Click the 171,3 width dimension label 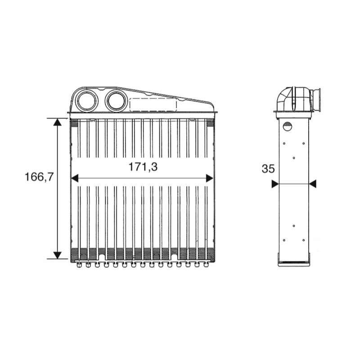pos(143,167)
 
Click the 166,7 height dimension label pos(39,177)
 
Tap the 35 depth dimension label pos(268,169)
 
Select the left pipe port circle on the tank pos(87,101)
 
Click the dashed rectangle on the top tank pos(153,105)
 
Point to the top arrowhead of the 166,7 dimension pos(58,122)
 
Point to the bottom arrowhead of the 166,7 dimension pos(58,255)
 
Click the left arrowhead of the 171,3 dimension pos(75,178)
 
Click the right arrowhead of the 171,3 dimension pos(209,178)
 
